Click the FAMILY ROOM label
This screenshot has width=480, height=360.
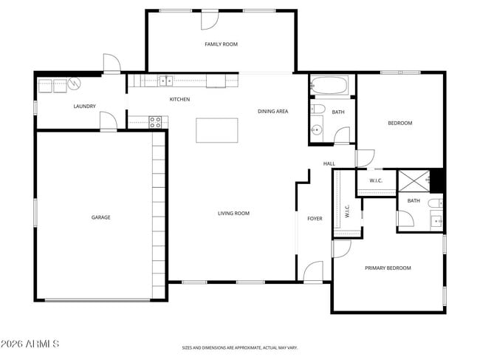[x=221, y=44]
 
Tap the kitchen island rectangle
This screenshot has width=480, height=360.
[x=217, y=130]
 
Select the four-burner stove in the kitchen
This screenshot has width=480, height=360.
[x=156, y=122]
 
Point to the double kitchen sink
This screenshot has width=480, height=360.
[x=166, y=81]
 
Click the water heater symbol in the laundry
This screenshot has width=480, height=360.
[x=74, y=84]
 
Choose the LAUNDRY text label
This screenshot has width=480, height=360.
[x=84, y=106]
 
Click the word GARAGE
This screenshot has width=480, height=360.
[x=100, y=217]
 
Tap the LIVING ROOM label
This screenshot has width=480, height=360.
[x=233, y=214]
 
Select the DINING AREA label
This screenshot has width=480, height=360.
[x=272, y=112]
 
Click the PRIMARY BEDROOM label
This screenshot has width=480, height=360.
[x=388, y=268]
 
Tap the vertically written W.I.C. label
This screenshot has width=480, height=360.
[x=346, y=211]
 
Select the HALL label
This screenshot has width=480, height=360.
[x=329, y=164]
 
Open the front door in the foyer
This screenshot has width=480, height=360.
[x=313, y=272]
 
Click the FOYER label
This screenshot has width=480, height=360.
[x=315, y=219]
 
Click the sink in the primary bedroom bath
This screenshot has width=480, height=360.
[x=435, y=220]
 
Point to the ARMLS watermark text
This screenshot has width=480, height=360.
[x=30, y=344]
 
